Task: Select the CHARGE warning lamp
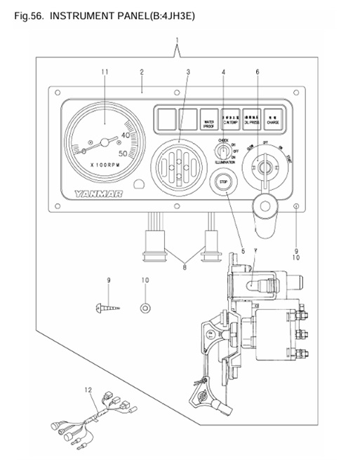tap(273, 118)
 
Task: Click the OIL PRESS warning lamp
tap(251, 118)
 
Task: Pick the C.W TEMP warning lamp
tap(229, 118)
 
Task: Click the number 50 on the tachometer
tap(123, 153)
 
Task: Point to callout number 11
tap(105, 72)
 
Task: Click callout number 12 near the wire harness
tap(88, 390)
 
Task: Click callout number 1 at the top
tap(177, 40)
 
